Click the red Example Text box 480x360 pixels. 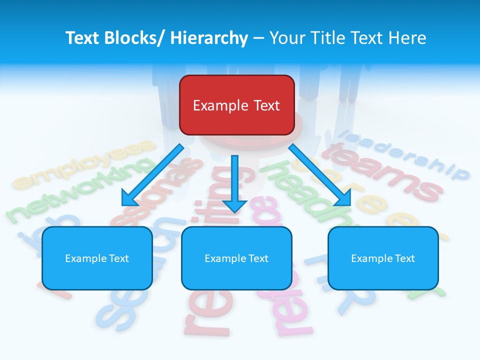point(236,105)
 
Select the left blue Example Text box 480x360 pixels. point(97,258)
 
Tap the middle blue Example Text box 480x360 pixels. point(236,258)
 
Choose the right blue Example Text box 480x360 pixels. point(383,258)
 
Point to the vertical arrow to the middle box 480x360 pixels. point(234,182)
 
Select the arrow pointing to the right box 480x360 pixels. point(320,175)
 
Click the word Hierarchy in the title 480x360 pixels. point(209,38)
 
